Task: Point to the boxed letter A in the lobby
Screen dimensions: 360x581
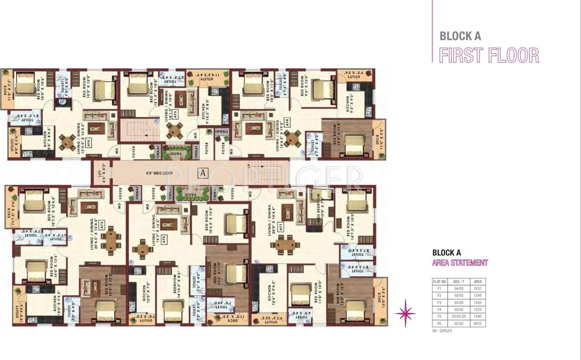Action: click(x=202, y=172)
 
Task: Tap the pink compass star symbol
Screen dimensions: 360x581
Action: click(x=405, y=313)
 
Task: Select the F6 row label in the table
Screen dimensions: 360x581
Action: click(x=439, y=324)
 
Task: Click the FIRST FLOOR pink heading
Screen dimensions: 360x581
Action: click(x=489, y=55)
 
